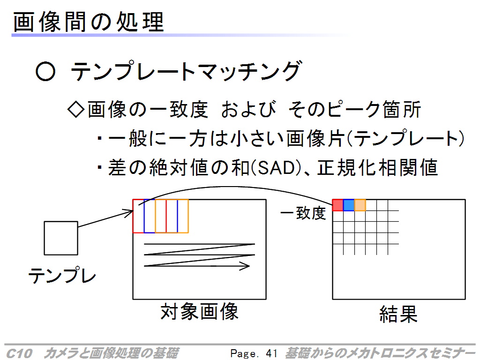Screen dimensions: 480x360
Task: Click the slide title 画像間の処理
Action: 88,22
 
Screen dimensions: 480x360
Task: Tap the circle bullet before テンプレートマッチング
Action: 45,71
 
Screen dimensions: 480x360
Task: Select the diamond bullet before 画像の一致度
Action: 75,109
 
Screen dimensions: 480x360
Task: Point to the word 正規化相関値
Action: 378,168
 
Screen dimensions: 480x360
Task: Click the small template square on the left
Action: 61,238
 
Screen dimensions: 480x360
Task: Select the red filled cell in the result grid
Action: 337,205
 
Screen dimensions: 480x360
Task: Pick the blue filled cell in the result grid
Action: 349,205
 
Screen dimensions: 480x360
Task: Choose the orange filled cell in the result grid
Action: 360,205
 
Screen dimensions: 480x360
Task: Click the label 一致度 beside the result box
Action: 303,213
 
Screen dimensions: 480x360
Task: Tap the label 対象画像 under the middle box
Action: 199,311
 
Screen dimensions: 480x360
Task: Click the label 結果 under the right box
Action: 398,314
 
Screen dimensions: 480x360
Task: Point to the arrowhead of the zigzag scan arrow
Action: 246,266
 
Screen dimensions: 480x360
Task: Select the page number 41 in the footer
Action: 271,353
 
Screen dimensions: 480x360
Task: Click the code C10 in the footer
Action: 19,353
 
